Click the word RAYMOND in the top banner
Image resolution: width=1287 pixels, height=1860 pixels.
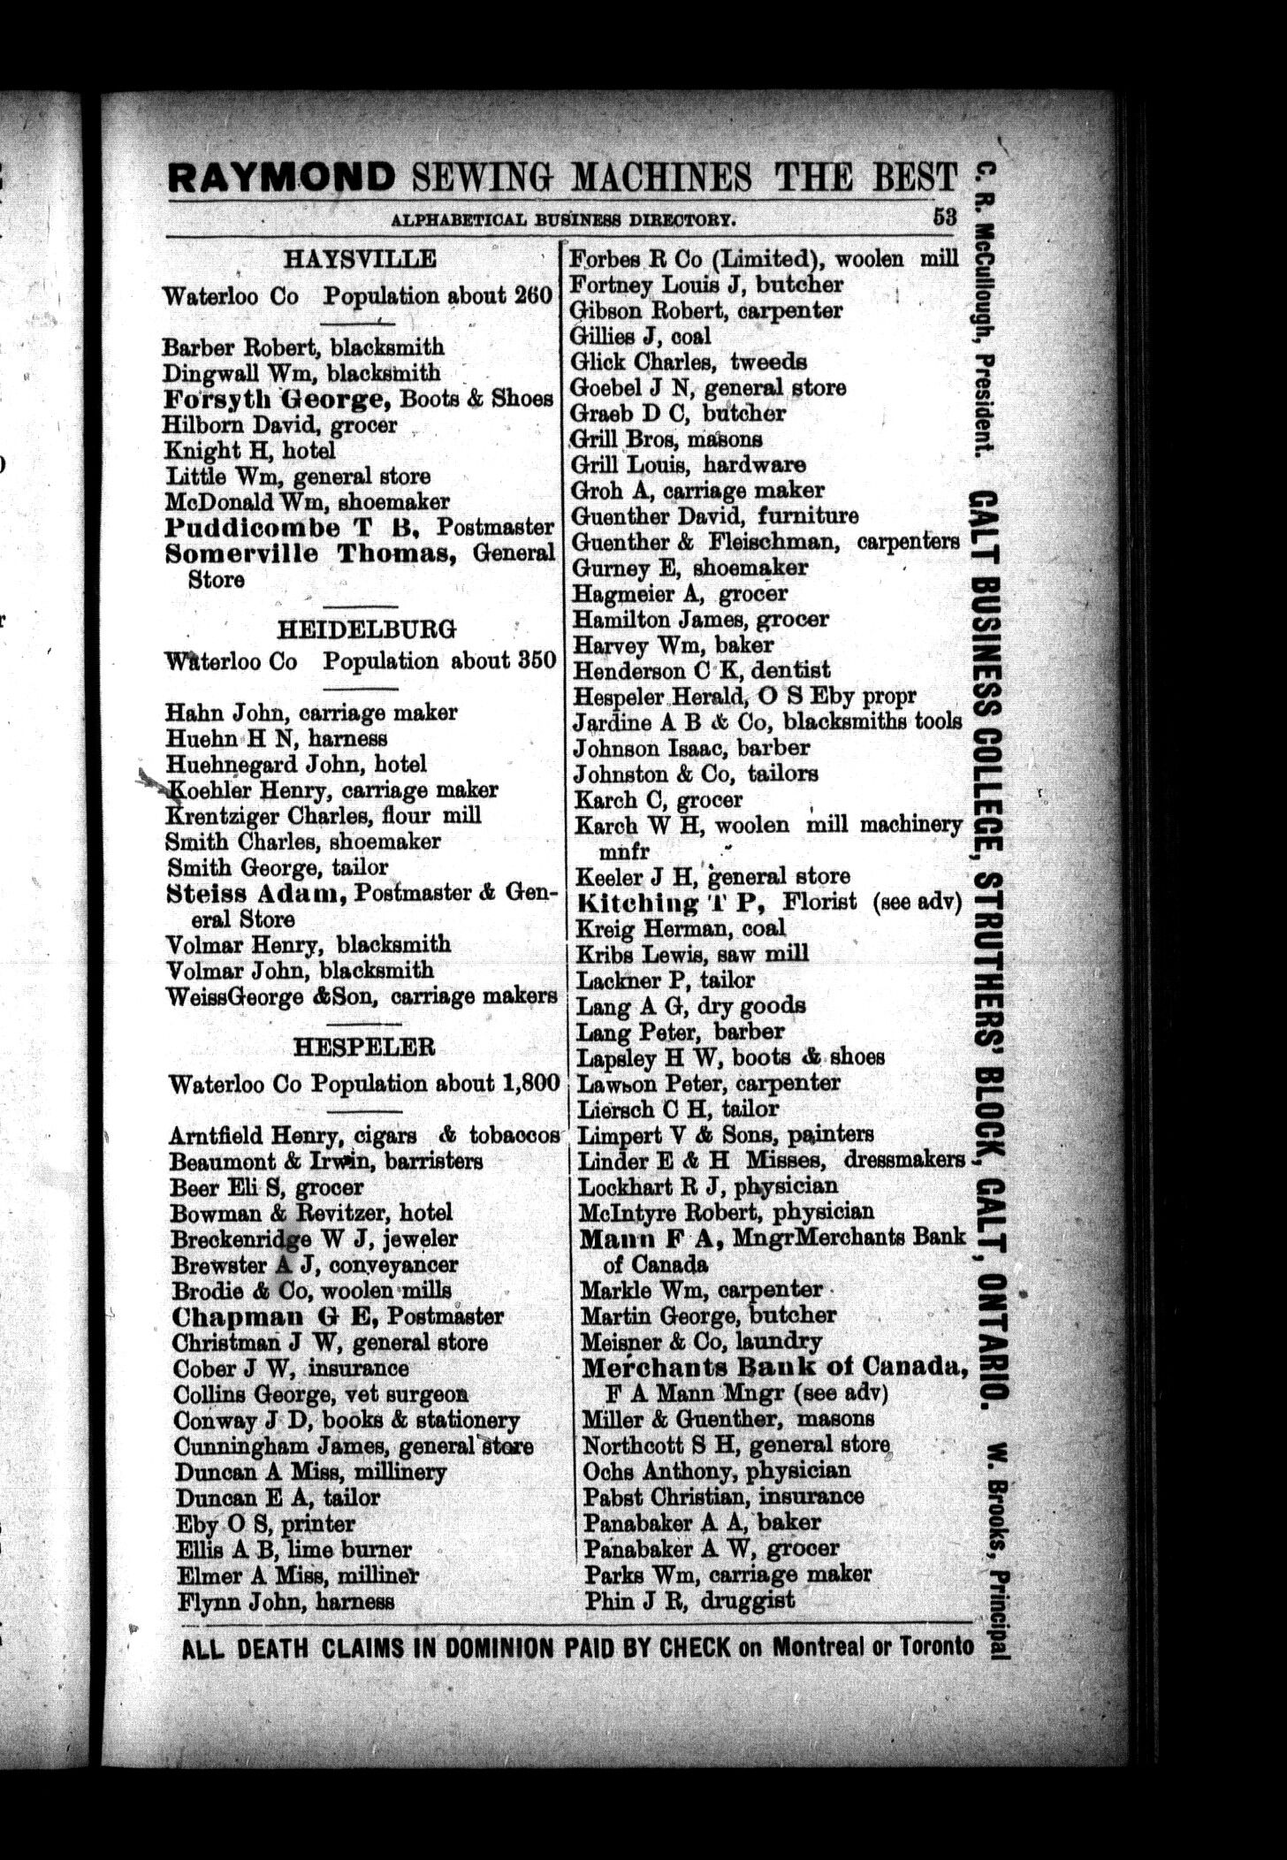pos(281,177)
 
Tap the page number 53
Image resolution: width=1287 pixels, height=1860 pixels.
pos(944,217)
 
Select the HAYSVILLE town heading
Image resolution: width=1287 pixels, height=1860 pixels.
pos(360,259)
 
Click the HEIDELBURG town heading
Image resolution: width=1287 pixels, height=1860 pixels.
pos(367,629)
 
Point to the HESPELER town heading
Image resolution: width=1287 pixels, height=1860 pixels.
pos(364,1048)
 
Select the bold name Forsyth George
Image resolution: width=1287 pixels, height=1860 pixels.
pos(277,399)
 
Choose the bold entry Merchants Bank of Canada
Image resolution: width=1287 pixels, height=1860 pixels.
pos(772,1368)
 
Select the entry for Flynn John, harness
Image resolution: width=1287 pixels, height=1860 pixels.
pos(285,1601)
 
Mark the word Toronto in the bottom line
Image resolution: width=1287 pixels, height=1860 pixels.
pos(936,1646)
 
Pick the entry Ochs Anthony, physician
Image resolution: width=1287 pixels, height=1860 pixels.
pos(716,1471)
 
